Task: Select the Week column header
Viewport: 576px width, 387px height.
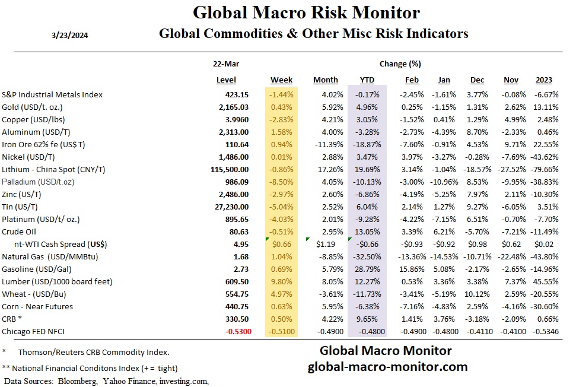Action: point(281,80)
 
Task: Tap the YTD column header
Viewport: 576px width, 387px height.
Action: point(367,80)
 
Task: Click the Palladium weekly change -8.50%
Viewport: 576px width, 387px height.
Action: point(281,182)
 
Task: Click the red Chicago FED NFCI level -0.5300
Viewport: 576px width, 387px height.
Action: point(236,331)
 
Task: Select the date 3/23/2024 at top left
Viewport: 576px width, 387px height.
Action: point(71,34)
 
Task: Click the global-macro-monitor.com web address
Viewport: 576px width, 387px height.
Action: point(387,367)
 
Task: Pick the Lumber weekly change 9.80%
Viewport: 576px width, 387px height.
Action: point(281,281)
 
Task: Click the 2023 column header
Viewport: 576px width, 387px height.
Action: point(544,80)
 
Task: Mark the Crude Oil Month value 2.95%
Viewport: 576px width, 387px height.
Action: point(326,231)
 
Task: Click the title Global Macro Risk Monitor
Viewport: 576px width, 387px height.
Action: point(306,12)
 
